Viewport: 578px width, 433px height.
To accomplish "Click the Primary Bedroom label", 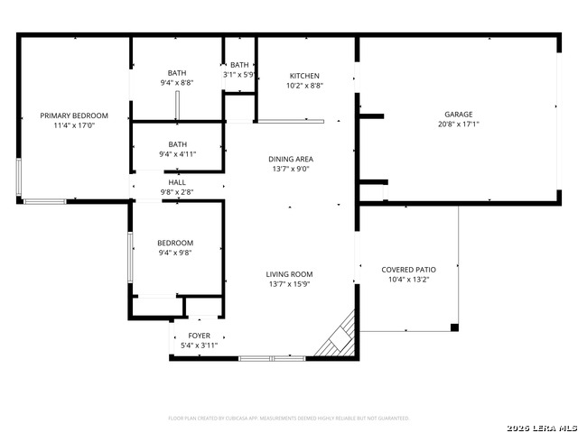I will click(x=74, y=115).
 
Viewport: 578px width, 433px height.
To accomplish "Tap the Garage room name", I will click(x=458, y=115).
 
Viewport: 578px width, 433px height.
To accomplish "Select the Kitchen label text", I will click(x=304, y=76).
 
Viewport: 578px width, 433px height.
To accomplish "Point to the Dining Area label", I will click(x=291, y=159).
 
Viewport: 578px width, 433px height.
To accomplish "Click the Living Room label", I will click(x=289, y=274).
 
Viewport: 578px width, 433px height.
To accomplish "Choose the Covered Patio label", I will click(x=409, y=269).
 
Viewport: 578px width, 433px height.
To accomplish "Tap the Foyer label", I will click(x=199, y=336).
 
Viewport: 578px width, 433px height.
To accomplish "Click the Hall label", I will click(x=177, y=181).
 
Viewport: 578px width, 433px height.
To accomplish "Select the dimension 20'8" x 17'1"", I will click(x=458, y=124).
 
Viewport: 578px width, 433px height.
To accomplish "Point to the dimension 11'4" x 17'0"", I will click(x=74, y=126).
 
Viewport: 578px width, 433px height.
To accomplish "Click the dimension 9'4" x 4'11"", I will click(x=177, y=154).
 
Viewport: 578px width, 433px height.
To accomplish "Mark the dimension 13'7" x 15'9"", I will click(x=289, y=284).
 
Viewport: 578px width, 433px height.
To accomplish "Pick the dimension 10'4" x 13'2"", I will click(x=409, y=280).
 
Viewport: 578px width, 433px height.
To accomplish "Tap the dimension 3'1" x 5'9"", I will click(x=240, y=75).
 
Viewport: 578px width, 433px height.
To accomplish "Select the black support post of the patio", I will click(x=454, y=327).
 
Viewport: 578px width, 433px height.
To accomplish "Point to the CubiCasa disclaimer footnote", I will click(x=289, y=418).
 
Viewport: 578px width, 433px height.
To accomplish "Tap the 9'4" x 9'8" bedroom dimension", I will click(x=175, y=253).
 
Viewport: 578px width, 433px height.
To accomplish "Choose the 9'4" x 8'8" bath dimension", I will click(x=177, y=83).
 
